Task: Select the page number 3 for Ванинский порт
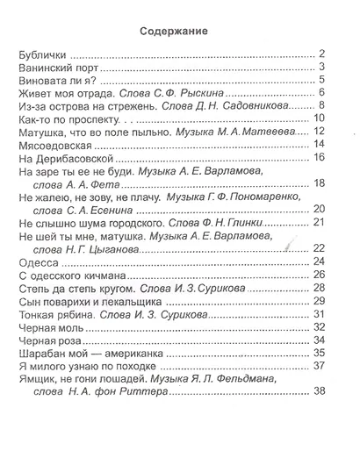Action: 323,68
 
